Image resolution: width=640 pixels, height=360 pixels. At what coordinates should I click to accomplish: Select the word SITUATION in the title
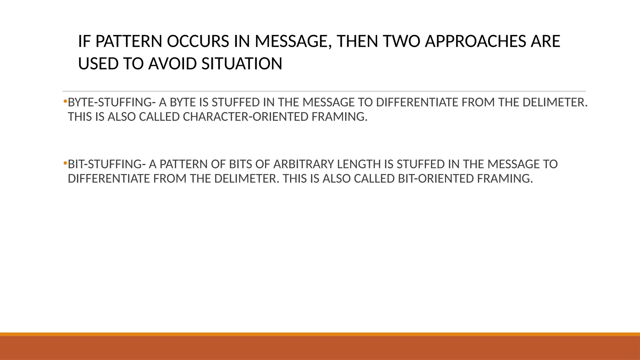242,64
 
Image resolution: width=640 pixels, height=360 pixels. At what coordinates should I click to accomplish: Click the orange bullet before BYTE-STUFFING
65,101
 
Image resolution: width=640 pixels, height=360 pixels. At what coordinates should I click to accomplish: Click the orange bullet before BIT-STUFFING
65,163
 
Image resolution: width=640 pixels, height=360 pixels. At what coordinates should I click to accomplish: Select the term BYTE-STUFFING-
112,102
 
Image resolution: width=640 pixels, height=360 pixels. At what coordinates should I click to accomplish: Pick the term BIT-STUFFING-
107,164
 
